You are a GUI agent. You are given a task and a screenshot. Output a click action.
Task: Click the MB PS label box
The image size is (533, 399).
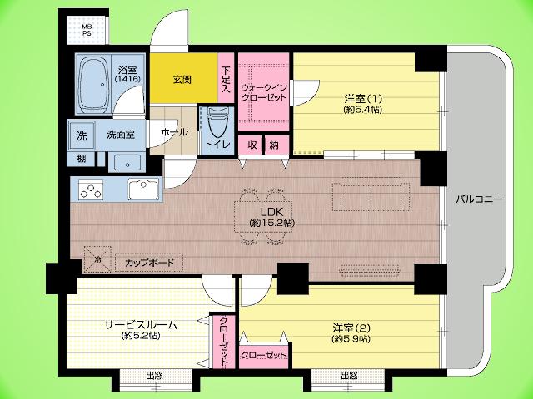point(87,30)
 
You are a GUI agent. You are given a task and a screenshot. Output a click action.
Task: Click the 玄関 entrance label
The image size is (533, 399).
point(182,80)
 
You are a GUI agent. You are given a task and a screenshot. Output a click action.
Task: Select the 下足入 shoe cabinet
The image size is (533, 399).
point(226,80)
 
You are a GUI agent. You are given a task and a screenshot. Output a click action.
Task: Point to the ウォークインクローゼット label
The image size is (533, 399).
point(263,91)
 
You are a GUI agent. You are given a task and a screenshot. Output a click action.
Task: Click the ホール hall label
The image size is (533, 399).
point(173,132)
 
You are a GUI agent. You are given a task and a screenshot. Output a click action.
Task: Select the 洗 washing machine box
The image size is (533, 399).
point(81,135)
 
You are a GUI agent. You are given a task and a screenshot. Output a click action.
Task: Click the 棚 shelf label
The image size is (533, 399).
point(81,159)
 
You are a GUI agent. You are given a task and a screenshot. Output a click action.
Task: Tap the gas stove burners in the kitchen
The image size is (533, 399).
point(91,190)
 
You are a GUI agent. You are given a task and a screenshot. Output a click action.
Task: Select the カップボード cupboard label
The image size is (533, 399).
point(149,262)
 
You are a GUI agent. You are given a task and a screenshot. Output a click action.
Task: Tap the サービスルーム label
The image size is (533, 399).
point(140,324)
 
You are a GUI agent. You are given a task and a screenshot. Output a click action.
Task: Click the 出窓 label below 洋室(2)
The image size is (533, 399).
point(348,377)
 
